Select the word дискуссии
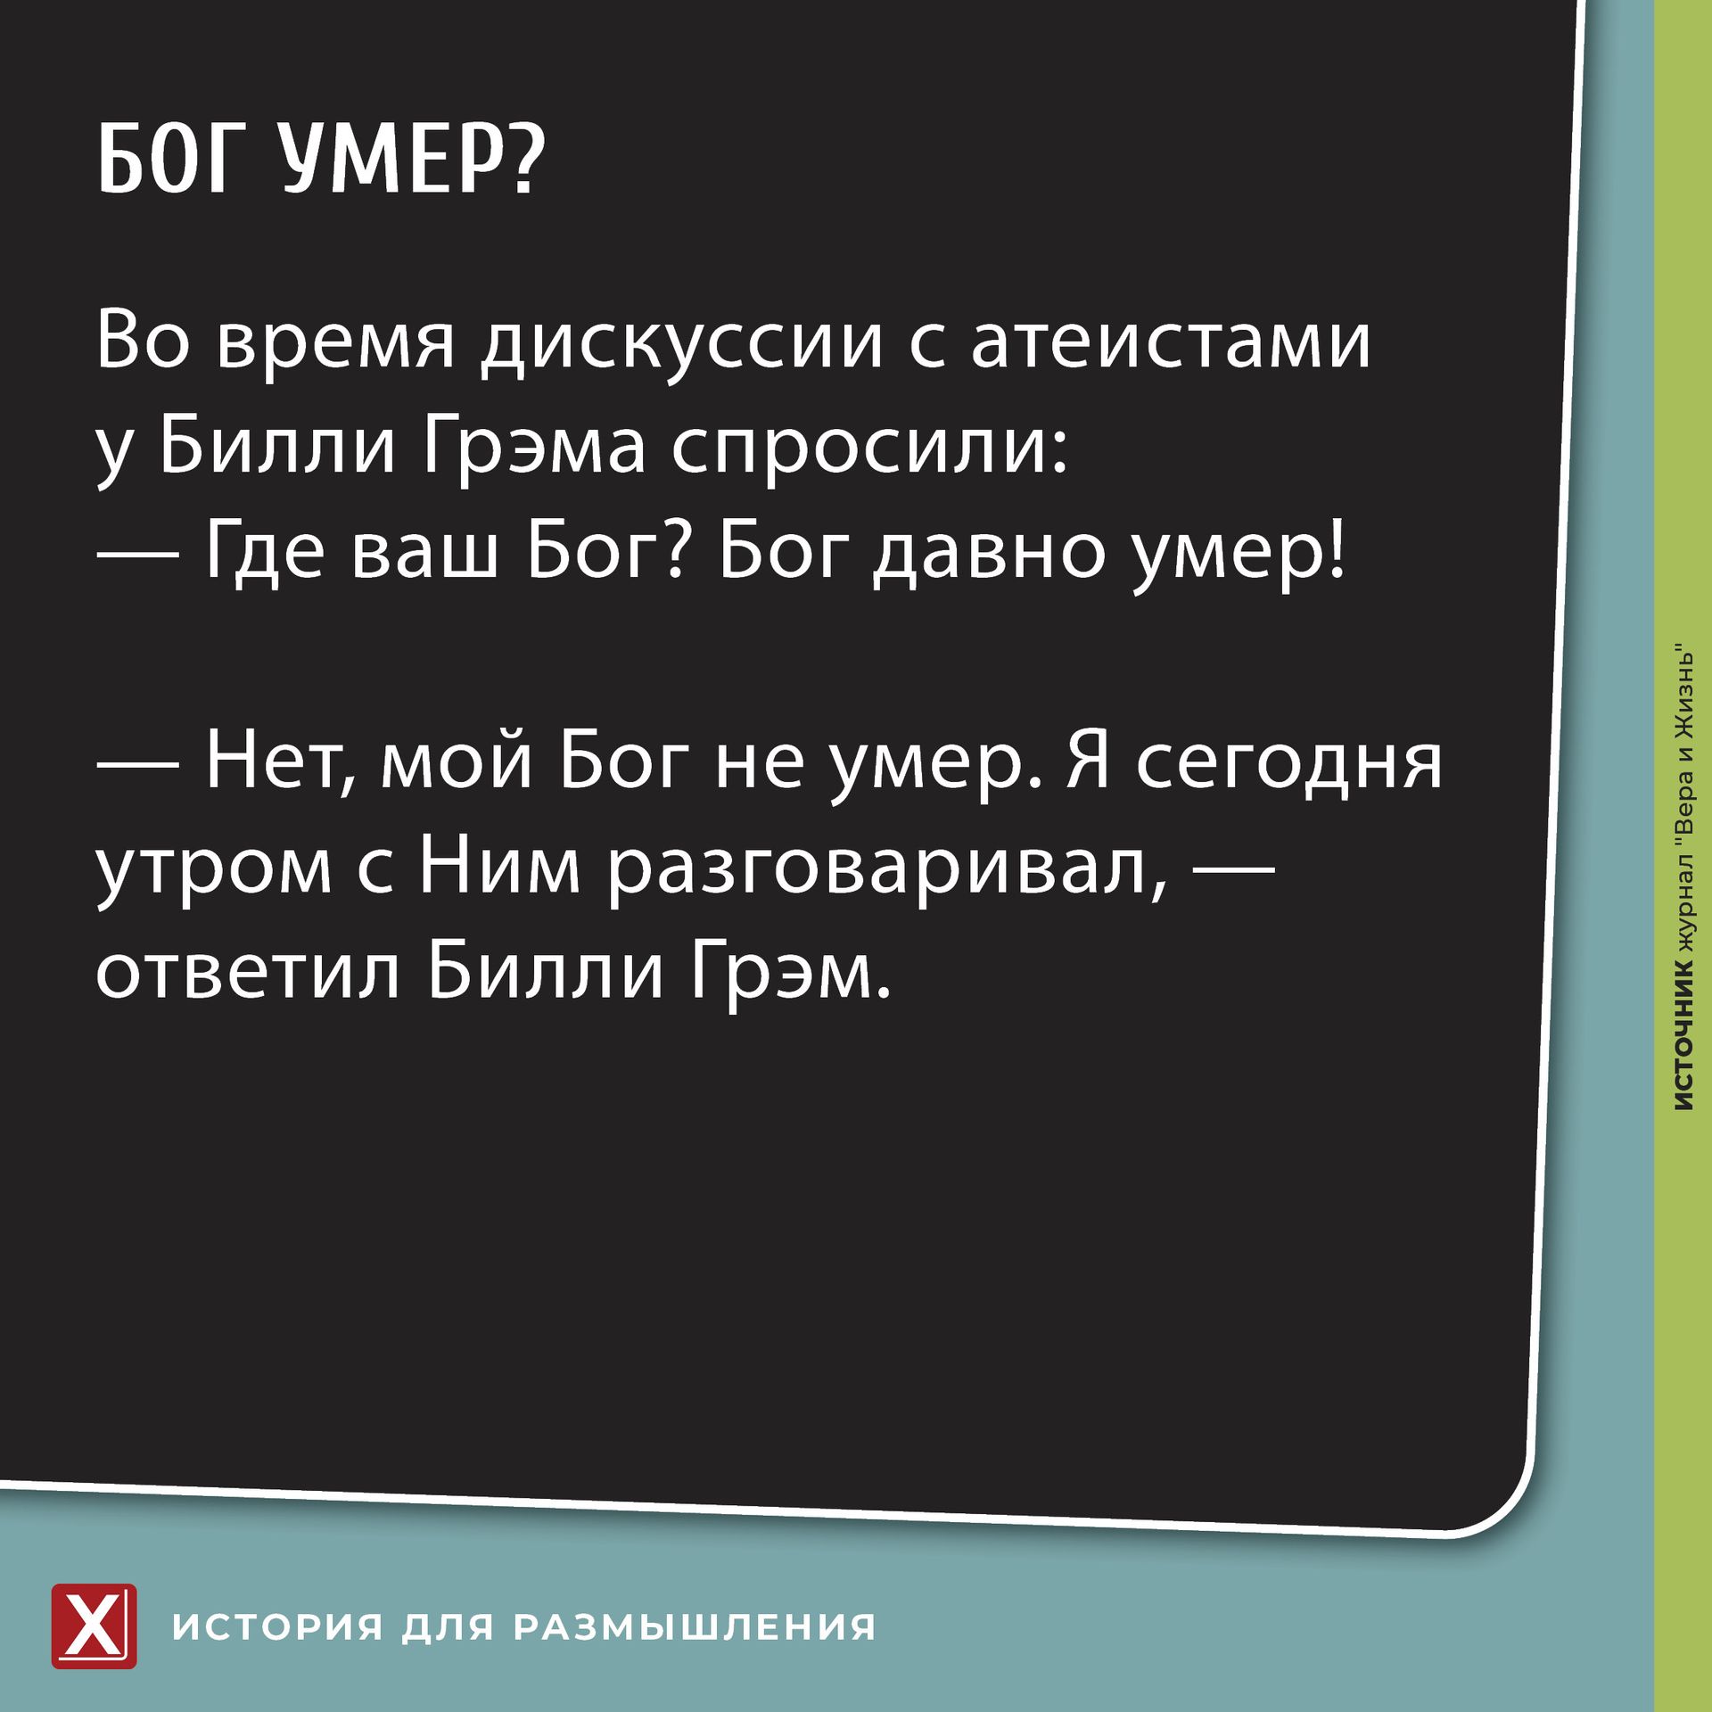(683, 342)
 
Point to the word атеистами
(1171, 342)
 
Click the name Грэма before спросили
(533, 447)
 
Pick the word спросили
(868, 447)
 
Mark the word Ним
(500, 866)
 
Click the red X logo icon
(94, 1626)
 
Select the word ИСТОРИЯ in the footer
(278, 1627)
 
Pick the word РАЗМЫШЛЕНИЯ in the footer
(695, 1627)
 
